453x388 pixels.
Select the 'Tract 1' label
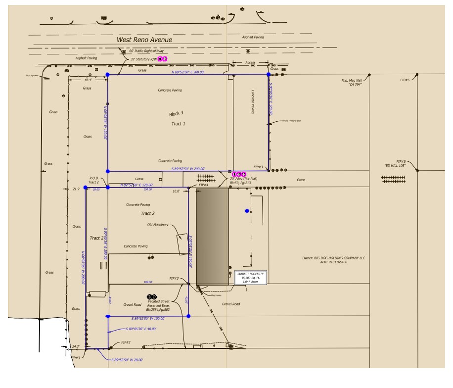click(x=178, y=124)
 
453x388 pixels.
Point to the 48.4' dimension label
click(x=88, y=80)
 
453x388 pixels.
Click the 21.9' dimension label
click(x=76, y=189)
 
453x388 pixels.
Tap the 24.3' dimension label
click(x=75, y=346)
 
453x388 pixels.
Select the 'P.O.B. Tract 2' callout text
click(x=94, y=180)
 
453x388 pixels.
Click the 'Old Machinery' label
click(x=158, y=225)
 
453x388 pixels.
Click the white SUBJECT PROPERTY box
click(x=251, y=278)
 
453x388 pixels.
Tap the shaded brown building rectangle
click(x=213, y=237)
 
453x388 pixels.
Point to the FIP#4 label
click(x=197, y=185)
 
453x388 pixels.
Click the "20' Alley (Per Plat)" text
click(x=241, y=179)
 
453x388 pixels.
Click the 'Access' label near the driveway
click(x=250, y=62)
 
